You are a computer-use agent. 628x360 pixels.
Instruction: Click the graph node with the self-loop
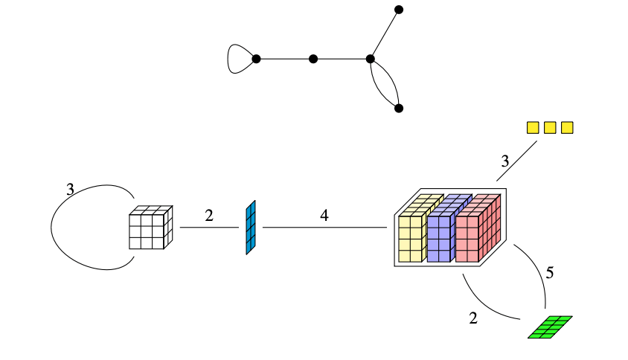tap(256, 59)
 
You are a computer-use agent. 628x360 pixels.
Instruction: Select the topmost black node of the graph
tap(399, 10)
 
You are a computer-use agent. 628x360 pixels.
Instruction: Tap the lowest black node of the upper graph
tap(399, 109)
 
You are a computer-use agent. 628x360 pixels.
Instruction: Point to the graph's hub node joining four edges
tap(370, 59)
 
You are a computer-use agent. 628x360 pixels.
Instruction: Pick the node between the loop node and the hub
tap(313, 59)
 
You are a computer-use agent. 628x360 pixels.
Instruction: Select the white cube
tap(150, 228)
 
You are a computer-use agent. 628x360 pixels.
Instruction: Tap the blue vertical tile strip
tap(251, 228)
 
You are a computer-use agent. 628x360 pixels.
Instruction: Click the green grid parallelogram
tap(550, 327)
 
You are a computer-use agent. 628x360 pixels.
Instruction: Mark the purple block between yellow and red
tap(443, 231)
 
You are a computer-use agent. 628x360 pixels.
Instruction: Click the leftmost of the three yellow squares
tap(533, 128)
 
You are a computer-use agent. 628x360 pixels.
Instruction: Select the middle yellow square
tap(550, 128)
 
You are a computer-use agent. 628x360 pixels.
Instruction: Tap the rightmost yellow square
tap(567, 128)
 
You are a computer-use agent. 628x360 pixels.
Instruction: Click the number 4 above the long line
tap(324, 216)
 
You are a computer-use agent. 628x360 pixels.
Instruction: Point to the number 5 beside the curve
tap(550, 273)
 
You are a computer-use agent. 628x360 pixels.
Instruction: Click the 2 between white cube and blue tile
tap(209, 216)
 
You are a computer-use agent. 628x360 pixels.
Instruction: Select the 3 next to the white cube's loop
tap(70, 190)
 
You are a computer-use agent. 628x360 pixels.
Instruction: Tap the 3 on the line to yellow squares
tap(504, 161)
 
